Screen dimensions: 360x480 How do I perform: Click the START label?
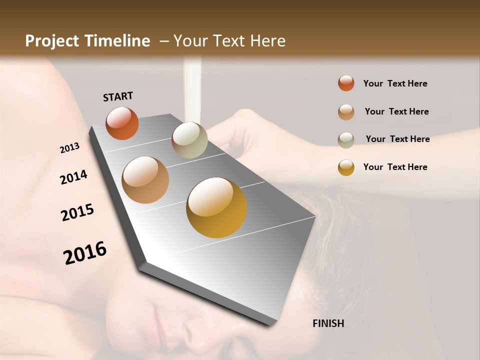tap(118, 96)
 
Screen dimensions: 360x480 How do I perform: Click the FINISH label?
tap(328, 323)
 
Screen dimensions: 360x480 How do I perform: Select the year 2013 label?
tap(69, 148)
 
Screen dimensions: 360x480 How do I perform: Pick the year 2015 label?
tap(77, 212)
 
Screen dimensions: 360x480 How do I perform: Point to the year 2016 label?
tap(85, 252)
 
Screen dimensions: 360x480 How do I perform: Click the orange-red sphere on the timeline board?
tap(122, 123)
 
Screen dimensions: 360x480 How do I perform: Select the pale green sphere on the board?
tap(189, 140)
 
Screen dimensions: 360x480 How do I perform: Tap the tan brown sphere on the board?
tap(145, 180)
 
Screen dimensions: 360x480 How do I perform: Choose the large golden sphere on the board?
tap(216, 207)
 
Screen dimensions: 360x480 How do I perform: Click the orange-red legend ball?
tap(346, 83)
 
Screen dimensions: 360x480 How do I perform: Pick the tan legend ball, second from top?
tap(346, 111)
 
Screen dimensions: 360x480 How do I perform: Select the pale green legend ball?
tap(346, 139)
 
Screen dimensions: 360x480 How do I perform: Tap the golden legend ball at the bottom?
tap(346, 167)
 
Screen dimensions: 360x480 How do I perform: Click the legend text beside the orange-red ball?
tap(395, 83)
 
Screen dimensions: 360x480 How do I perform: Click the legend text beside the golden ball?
tap(395, 167)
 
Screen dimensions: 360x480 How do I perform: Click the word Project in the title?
tap(52, 41)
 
